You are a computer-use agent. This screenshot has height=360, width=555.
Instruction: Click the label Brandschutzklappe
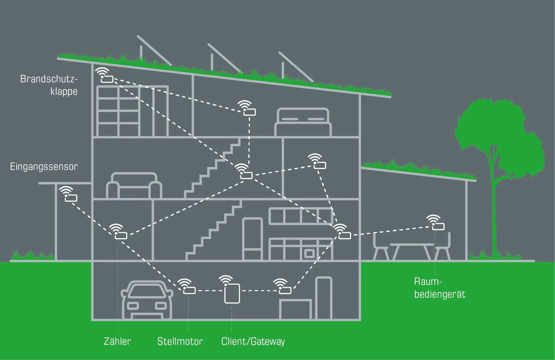point(49,85)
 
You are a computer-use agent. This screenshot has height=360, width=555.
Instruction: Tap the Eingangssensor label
point(44,166)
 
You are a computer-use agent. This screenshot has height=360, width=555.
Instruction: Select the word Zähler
point(117,341)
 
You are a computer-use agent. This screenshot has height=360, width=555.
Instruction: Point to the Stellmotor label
point(180,341)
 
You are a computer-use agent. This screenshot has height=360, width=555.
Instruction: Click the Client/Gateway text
point(253,341)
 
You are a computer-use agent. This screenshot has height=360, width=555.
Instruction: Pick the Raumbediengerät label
point(439,288)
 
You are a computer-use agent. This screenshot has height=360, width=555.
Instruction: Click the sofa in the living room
point(134,186)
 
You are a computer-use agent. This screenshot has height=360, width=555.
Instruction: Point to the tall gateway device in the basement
point(232,293)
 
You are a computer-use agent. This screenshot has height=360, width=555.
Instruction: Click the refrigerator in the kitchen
point(252,239)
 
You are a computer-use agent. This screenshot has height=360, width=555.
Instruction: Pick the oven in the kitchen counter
point(309,253)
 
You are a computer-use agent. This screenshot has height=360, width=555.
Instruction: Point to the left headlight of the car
point(133,306)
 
